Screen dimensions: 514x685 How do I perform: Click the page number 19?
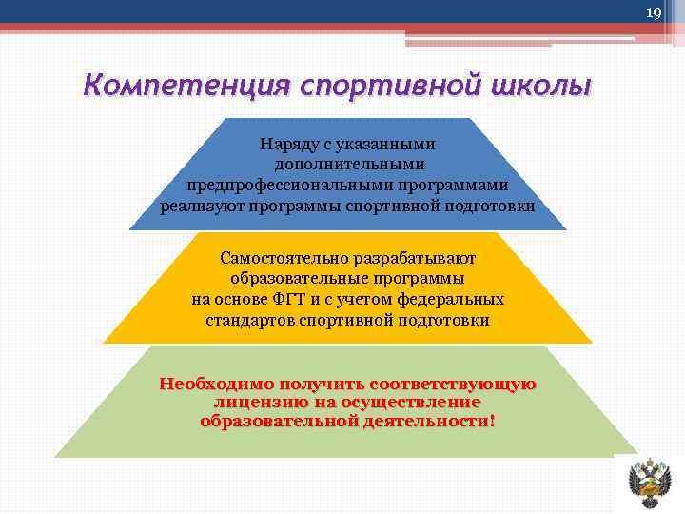(653, 12)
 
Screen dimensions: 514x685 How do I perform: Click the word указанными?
(393, 145)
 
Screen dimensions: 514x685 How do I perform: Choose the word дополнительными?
(348, 165)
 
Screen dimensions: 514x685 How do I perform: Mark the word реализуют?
(203, 206)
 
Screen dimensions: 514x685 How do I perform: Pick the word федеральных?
(454, 299)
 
